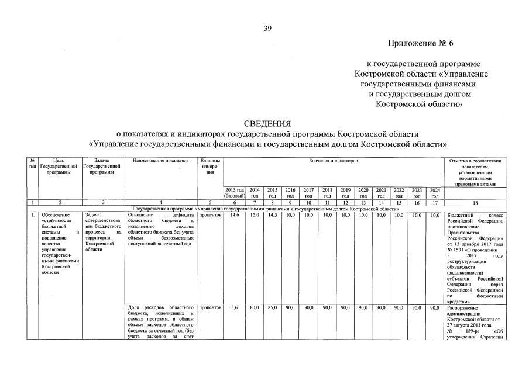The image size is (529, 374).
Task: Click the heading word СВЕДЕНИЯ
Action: point(267,123)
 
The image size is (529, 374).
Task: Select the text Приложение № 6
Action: point(420,44)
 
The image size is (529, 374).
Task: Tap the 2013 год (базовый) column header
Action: point(234,193)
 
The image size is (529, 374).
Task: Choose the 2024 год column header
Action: point(435,193)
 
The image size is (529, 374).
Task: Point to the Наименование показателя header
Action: point(162,160)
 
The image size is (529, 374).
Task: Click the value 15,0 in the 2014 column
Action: point(255,215)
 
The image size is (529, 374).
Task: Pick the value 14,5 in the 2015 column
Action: point(272,215)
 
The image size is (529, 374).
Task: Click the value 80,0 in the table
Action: point(255,307)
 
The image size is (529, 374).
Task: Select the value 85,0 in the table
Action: point(272,307)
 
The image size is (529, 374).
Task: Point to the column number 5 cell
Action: point(209,203)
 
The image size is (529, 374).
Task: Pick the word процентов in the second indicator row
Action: point(209,307)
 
